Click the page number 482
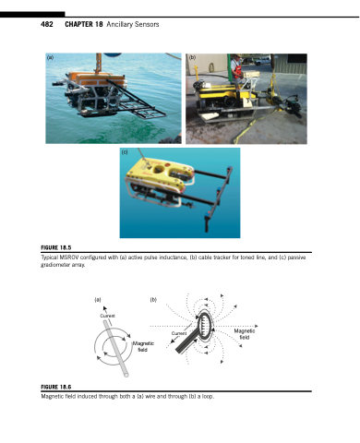pyautogui.click(x=47, y=24)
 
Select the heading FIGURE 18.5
pyautogui.click(x=56, y=247)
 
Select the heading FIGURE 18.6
pyautogui.click(x=56, y=387)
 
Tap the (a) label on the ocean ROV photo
pyautogui.click(x=50, y=57)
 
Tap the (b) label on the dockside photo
pyautogui.click(x=192, y=57)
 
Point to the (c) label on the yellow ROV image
pyautogui.click(x=125, y=152)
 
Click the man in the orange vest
pyautogui.click(x=236, y=69)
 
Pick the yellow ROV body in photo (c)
pyautogui.click(x=159, y=178)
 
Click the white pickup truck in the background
pyautogui.click(x=262, y=61)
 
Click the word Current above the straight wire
pyautogui.click(x=107, y=316)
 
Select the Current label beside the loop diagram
pyautogui.click(x=179, y=333)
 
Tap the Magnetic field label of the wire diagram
pyautogui.click(x=143, y=347)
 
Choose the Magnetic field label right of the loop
pyautogui.click(x=245, y=334)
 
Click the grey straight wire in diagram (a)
pyautogui.click(x=116, y=349)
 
